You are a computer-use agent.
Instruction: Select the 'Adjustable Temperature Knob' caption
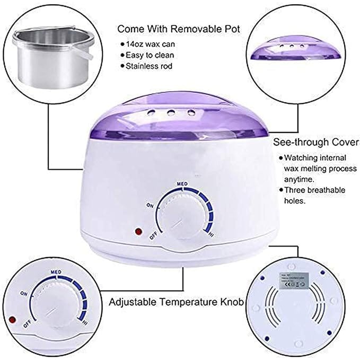tap(176, 302)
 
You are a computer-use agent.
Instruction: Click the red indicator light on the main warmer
tap(139, 232)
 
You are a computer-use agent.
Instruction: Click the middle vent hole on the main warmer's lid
tap(171, 112)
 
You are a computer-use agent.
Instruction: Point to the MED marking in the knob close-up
tap(57, 272)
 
